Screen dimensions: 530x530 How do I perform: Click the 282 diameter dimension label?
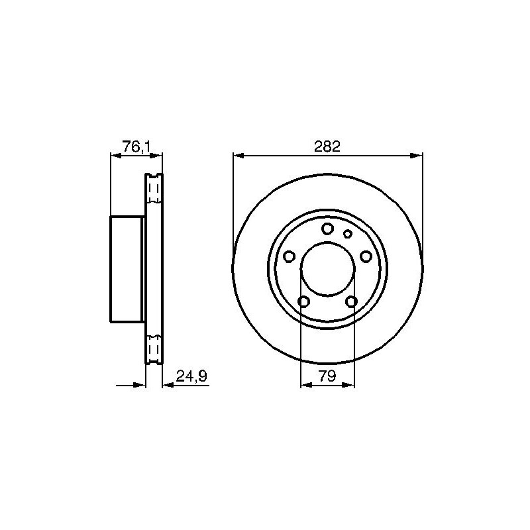point(327,147)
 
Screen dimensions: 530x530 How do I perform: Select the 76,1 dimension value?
point(136,147)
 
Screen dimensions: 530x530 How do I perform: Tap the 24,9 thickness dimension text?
point(191,376)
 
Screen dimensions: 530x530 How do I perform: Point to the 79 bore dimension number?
point(327,376)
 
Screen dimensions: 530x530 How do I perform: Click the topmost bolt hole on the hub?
point(327,229)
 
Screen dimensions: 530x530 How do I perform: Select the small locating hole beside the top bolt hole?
point(347,233)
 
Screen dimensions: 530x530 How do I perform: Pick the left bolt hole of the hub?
point(289,256)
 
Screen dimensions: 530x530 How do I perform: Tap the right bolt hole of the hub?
point(366,256)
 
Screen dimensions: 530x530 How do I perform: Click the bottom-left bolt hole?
point(304,301)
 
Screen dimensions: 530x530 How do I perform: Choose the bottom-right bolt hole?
point(351,301)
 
